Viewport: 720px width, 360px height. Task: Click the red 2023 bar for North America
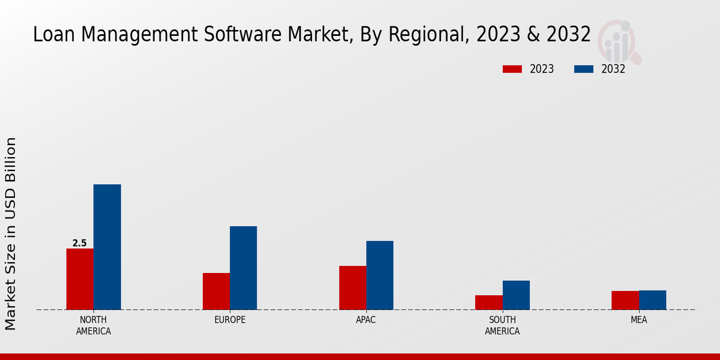[x=80, y=279]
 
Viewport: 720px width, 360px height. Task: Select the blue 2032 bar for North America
[x=107, y=247]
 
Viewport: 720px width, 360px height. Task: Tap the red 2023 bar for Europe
[x=216, y=292]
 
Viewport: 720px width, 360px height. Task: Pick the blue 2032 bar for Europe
[x=243, y=268]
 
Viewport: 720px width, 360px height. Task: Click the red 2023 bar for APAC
[x=352, y=288]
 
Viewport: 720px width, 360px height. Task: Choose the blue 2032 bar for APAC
[x=380, y=275]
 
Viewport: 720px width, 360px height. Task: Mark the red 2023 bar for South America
[x=488, y=302]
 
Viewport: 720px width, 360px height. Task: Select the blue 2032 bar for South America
[x=516, y=295]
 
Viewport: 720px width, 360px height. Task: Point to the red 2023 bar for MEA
[x=625, y=300]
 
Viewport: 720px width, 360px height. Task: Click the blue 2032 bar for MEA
[x=652, y=300]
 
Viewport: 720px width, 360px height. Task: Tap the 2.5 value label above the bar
[x=79, y=243]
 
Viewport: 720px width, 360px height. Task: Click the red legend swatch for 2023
[x=512, y=69]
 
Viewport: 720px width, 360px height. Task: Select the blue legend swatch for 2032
[x=583, y=69]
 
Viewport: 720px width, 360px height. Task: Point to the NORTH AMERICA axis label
[x=94, y=325]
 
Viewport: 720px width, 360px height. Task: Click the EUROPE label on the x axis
[x=230, y=320]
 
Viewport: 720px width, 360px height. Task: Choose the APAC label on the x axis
[x=366, y=320]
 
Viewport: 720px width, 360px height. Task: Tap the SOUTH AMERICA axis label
[x=502, y=325]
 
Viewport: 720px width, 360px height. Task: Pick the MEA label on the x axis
[x=638, y=320]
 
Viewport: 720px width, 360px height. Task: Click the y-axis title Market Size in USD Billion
[x=11, y=234]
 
